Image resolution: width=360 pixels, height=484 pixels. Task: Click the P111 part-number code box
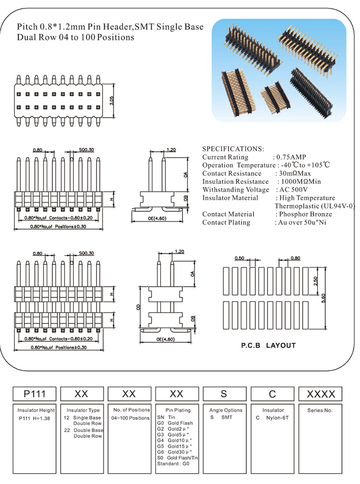pos(34,394)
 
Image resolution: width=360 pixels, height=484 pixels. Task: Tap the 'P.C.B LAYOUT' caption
pos(268,345)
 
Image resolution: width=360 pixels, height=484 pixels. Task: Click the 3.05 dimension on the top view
pos(112,101)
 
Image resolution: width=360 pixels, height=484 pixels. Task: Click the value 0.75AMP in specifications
pos(290,157)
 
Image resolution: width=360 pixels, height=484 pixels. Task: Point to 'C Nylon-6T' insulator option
pos(273,418)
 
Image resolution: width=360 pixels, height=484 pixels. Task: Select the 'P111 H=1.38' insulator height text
pos(35,418)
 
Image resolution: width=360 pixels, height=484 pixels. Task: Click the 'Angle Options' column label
pos(226,410)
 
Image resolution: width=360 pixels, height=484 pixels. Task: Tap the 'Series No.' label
pos(321,410)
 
